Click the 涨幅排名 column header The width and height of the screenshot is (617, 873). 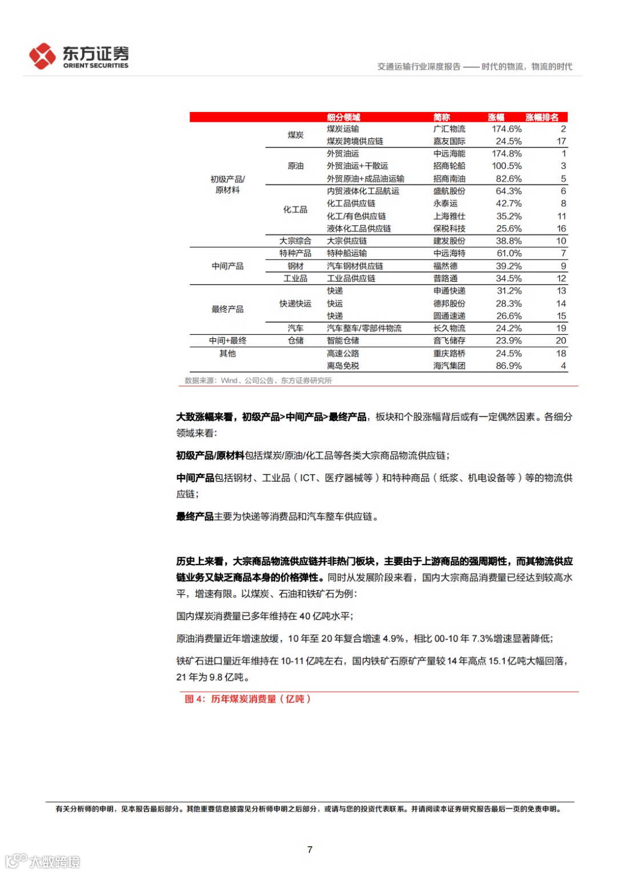click(542, 117)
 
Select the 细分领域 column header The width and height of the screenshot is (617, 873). click(343, 117)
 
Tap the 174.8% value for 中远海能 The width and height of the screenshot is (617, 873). click(507, 154)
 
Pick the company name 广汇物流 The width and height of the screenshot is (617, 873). click(449, 129)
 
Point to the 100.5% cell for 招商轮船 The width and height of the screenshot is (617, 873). click(507, 166)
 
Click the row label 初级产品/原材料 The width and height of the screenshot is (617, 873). click(227, 185)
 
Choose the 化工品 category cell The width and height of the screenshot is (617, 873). click(295, 210)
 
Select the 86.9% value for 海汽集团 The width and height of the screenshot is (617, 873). click(508, 366)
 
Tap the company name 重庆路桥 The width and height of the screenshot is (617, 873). click(449, 354)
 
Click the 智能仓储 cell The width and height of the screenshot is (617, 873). click(343, 341)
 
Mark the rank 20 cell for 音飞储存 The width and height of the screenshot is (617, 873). click(561, 341)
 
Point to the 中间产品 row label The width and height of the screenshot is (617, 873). click(227, 266)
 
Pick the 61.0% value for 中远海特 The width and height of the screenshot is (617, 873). click(508, 253)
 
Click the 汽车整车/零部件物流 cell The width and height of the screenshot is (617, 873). click(364, 329)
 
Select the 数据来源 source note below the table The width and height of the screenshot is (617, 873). click(258, 381)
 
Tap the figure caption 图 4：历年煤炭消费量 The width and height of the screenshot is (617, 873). click(247, 699)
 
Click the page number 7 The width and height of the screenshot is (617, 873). click(310, 850)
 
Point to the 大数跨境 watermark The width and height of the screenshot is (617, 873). click(43, 861)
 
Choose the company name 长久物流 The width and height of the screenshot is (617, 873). click(449, 329)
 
